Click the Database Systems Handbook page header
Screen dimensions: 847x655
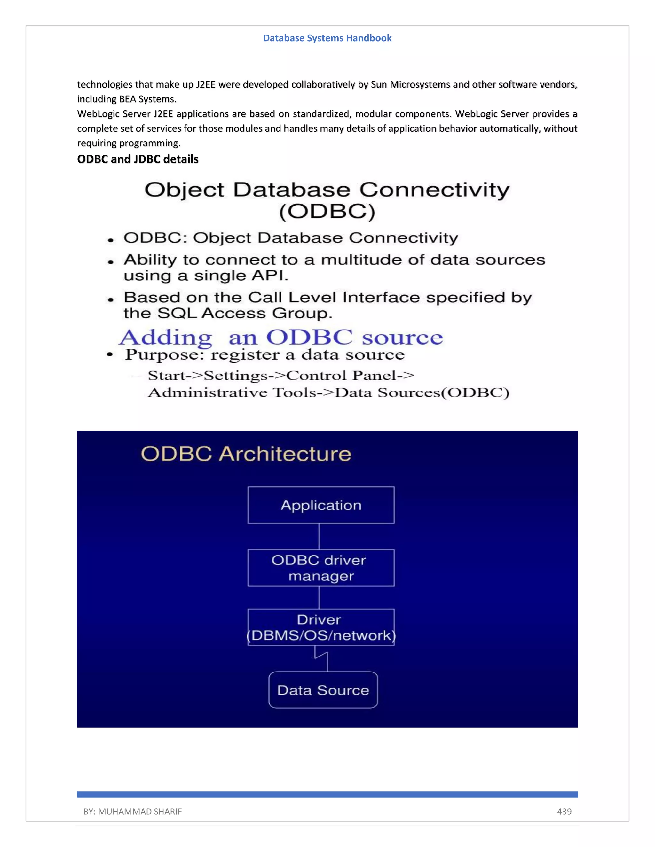point(327,38)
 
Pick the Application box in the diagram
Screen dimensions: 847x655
point(321,505)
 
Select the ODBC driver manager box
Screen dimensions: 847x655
point(321,568)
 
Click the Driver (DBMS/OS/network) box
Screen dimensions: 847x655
point(321,627)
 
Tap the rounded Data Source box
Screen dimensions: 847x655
point(323,690)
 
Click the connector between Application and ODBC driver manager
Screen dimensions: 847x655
point(319,536)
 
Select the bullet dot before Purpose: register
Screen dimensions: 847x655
point(110,355)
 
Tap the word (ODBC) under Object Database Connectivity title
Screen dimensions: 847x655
point(327,211)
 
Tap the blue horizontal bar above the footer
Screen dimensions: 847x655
point(327,794)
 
